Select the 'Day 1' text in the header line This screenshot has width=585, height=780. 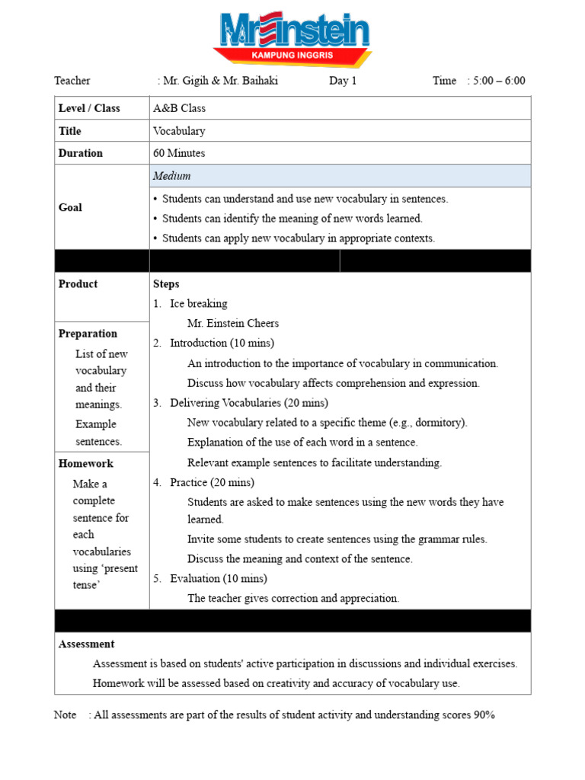(343, 81)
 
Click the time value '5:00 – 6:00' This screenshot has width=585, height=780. (499, 81)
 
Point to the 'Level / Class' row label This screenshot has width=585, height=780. (89, 108)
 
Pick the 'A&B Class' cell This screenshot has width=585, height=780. (179, 108)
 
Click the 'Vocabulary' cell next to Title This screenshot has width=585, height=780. (179, 131)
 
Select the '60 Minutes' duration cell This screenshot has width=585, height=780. (179, 153)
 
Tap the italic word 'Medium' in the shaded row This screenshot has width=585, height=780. (171, 176)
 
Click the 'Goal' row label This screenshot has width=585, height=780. (70, 207)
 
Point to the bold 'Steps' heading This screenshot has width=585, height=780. (166, 284)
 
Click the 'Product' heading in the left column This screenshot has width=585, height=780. (78, 284)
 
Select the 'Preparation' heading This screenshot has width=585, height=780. (88, 334)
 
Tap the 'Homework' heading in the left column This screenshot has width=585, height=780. (85, 463)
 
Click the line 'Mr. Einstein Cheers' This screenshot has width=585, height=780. (233, 323)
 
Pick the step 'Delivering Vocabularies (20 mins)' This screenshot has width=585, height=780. (249, 402)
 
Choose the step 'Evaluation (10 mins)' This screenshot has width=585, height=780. (219, 578)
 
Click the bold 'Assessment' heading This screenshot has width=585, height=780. (86, 644)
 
